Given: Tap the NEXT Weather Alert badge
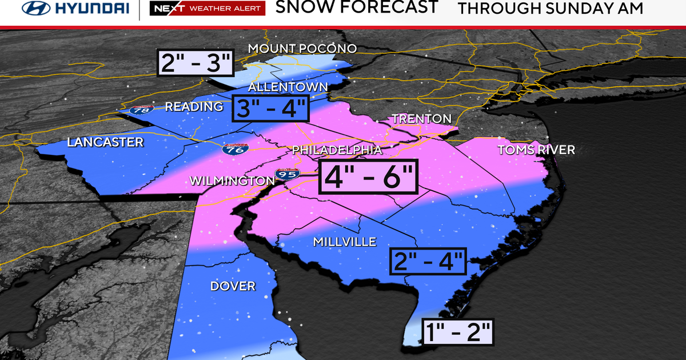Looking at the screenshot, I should [x=207, y=8].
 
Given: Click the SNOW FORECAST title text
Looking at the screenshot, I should [x=357, y=7].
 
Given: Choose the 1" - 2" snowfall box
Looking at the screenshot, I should [x=457, y=331].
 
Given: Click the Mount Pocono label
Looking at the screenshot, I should [x=302, y=49].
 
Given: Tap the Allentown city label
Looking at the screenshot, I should [x=288, y=87].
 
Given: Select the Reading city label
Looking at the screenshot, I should [x=194, y=107].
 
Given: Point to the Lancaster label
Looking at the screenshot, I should [x=105, y=142].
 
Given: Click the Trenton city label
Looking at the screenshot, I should [x=421, y=119].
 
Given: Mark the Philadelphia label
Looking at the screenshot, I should [x=337, y=150].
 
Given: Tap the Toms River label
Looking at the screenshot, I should [x=536, y=150].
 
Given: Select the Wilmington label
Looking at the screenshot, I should [x=232, y=181].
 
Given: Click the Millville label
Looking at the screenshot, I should [x=344, y=242].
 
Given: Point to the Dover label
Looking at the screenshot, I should [x=232, y=286].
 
